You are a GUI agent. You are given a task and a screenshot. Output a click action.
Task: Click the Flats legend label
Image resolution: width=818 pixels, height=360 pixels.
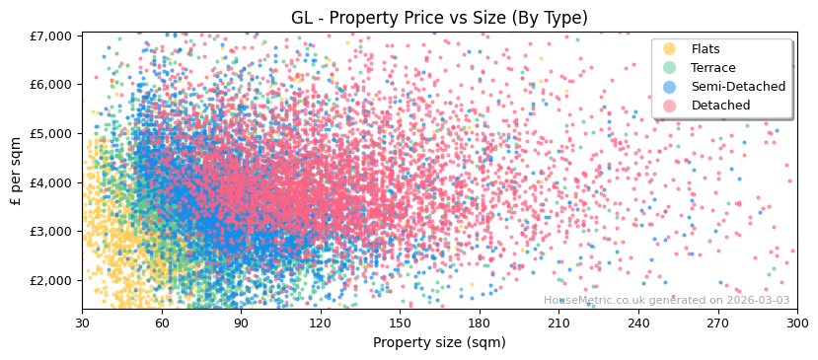pyautogui.click(x=706, y=49)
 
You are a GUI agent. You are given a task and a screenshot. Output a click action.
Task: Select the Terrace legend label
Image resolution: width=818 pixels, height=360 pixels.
pyautogui.click(x=713, y=68)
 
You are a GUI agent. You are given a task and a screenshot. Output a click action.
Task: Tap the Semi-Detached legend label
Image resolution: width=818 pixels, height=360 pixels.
pyautogui.click(x=738, y=87)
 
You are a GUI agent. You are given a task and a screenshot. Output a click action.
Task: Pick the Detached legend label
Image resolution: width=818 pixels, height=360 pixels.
pyautogui.click(x=719, y=106)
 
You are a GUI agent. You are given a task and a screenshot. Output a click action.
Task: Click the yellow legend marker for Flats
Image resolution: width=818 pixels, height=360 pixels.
pyautogui.click(x=670, y=49)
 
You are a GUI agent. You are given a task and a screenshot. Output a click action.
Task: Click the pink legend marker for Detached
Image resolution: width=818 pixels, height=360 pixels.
pyautogui.click(x=670, y=106)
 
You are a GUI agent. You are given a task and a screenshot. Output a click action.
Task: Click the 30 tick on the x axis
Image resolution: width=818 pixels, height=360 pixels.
pyautogui.click(x=82, y=323)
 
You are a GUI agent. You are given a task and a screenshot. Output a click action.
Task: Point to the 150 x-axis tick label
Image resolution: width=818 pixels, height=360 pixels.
pyautogui.click(x=400, y=323)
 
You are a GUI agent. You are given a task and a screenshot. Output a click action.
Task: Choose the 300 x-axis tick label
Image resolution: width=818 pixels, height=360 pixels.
pyautogui.click(x=796, y=323)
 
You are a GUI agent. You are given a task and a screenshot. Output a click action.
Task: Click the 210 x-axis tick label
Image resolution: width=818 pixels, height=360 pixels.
pyautogui.click(x=558, y=323)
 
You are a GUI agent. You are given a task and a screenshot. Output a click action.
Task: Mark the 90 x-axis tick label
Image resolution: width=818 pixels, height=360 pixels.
pyautogui.click(x=241, y=323)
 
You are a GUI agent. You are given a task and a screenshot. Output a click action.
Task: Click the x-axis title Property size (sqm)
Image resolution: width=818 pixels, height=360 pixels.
pyautogui.click(x=439, y=342)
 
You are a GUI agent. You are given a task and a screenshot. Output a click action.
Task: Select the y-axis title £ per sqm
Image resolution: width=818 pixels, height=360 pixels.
pyautogui.click(x=17, y=172)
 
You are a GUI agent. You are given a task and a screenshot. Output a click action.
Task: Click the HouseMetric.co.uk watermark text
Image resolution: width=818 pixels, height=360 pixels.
pyautogui.click(x=666, y=301)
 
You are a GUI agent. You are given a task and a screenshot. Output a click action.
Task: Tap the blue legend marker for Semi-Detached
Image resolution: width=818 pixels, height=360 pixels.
pyautogui.click(x=670, y=87)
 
